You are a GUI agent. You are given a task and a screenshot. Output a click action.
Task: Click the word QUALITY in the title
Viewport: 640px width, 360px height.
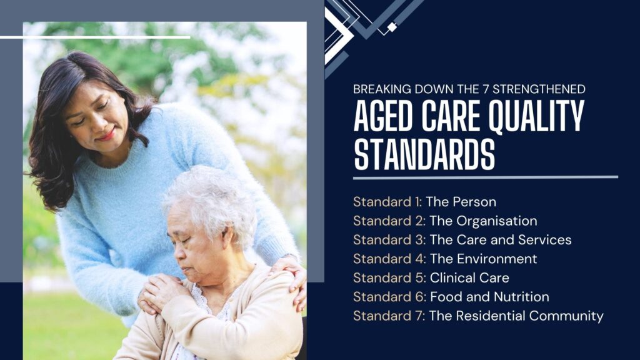point(536,116)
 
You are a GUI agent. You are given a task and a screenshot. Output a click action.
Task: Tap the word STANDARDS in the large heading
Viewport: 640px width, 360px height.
point(424,154)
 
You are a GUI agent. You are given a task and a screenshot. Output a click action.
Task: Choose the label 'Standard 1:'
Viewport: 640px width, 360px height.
point(387,202)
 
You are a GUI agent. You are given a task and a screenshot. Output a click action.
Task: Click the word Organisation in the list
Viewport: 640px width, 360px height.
point(497,221)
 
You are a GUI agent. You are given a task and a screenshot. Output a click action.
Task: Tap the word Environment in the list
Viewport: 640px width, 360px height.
point(497,259)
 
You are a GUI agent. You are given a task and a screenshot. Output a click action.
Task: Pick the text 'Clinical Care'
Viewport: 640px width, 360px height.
point(469,278)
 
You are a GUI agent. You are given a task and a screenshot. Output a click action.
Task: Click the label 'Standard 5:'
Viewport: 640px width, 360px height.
point(389,278)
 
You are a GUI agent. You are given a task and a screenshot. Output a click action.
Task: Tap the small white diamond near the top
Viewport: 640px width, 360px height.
point(392,27)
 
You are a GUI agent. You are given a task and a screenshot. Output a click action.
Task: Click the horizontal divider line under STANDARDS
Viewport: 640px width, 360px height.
point(486,177)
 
